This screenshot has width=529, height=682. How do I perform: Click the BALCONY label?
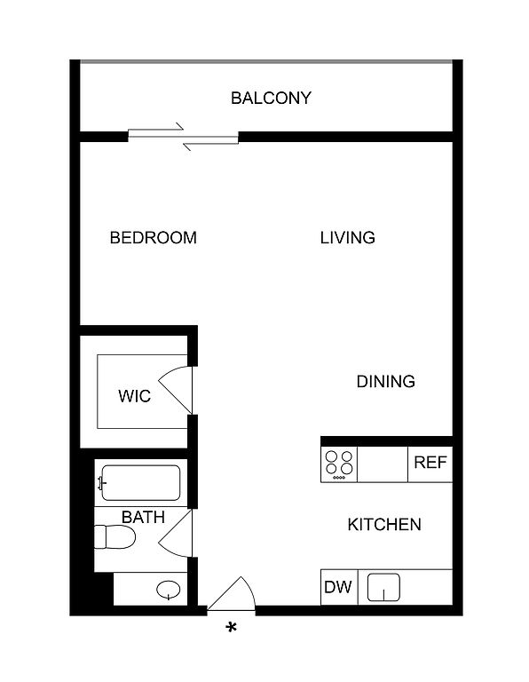point(271,98)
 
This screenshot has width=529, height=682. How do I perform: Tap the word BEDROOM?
point(153,237)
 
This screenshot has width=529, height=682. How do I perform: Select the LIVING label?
point(347,237)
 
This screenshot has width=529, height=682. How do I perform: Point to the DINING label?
point(385,382)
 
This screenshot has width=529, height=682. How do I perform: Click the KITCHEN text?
point(384,525)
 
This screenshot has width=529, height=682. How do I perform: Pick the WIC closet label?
point(134,396)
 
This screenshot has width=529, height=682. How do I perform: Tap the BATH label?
point(143,517)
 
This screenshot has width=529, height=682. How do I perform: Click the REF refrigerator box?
point(430,464)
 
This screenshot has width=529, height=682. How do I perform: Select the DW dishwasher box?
point(339,587)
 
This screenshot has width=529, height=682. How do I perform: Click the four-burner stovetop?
point(339,464)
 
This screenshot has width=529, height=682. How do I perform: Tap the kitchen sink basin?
point(383,587)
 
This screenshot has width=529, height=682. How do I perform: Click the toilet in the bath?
point(114,536)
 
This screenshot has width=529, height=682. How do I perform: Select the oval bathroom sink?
point(169,590)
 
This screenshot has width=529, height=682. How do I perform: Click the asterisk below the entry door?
point(232,628)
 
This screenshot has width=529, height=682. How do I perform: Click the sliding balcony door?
point(183,137)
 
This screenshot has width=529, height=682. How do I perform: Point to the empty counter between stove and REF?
point(383,464)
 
